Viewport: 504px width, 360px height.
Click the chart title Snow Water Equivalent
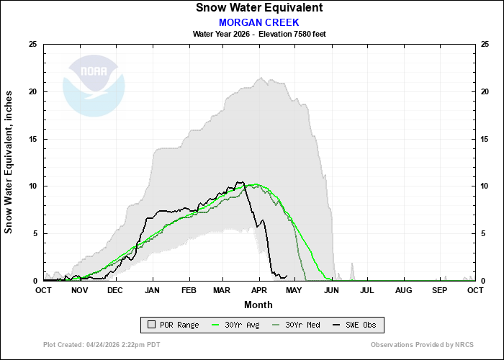click(259, 8)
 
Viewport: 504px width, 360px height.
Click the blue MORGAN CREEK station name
click(259, 22)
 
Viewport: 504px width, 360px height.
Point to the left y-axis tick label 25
click(32, 45)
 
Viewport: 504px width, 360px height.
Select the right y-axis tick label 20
click(485, 92)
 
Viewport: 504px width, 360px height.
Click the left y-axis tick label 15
click(32, 139)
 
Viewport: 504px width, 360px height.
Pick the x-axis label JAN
click(152, 290)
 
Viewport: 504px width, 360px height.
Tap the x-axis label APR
click(259, 290)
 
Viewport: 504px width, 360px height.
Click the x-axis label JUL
click(367, 290)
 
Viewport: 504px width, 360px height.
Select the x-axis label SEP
click(439, 290)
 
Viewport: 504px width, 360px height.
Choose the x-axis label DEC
click(115, 290)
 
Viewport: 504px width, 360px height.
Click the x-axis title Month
click(259, 305)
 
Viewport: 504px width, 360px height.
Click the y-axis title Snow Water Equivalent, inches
click(9, 162)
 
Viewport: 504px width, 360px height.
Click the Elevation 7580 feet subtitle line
click(259, 34)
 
